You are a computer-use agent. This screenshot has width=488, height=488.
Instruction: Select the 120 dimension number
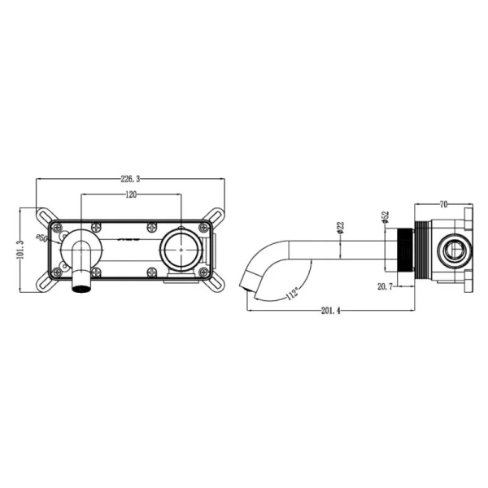pos(130,195)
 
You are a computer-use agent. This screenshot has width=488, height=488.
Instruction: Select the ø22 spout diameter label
pos(342,229)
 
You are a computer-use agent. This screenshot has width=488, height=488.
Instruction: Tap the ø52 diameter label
pos(386,217)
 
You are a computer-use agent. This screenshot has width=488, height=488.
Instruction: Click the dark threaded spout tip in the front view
pos(82,284)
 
